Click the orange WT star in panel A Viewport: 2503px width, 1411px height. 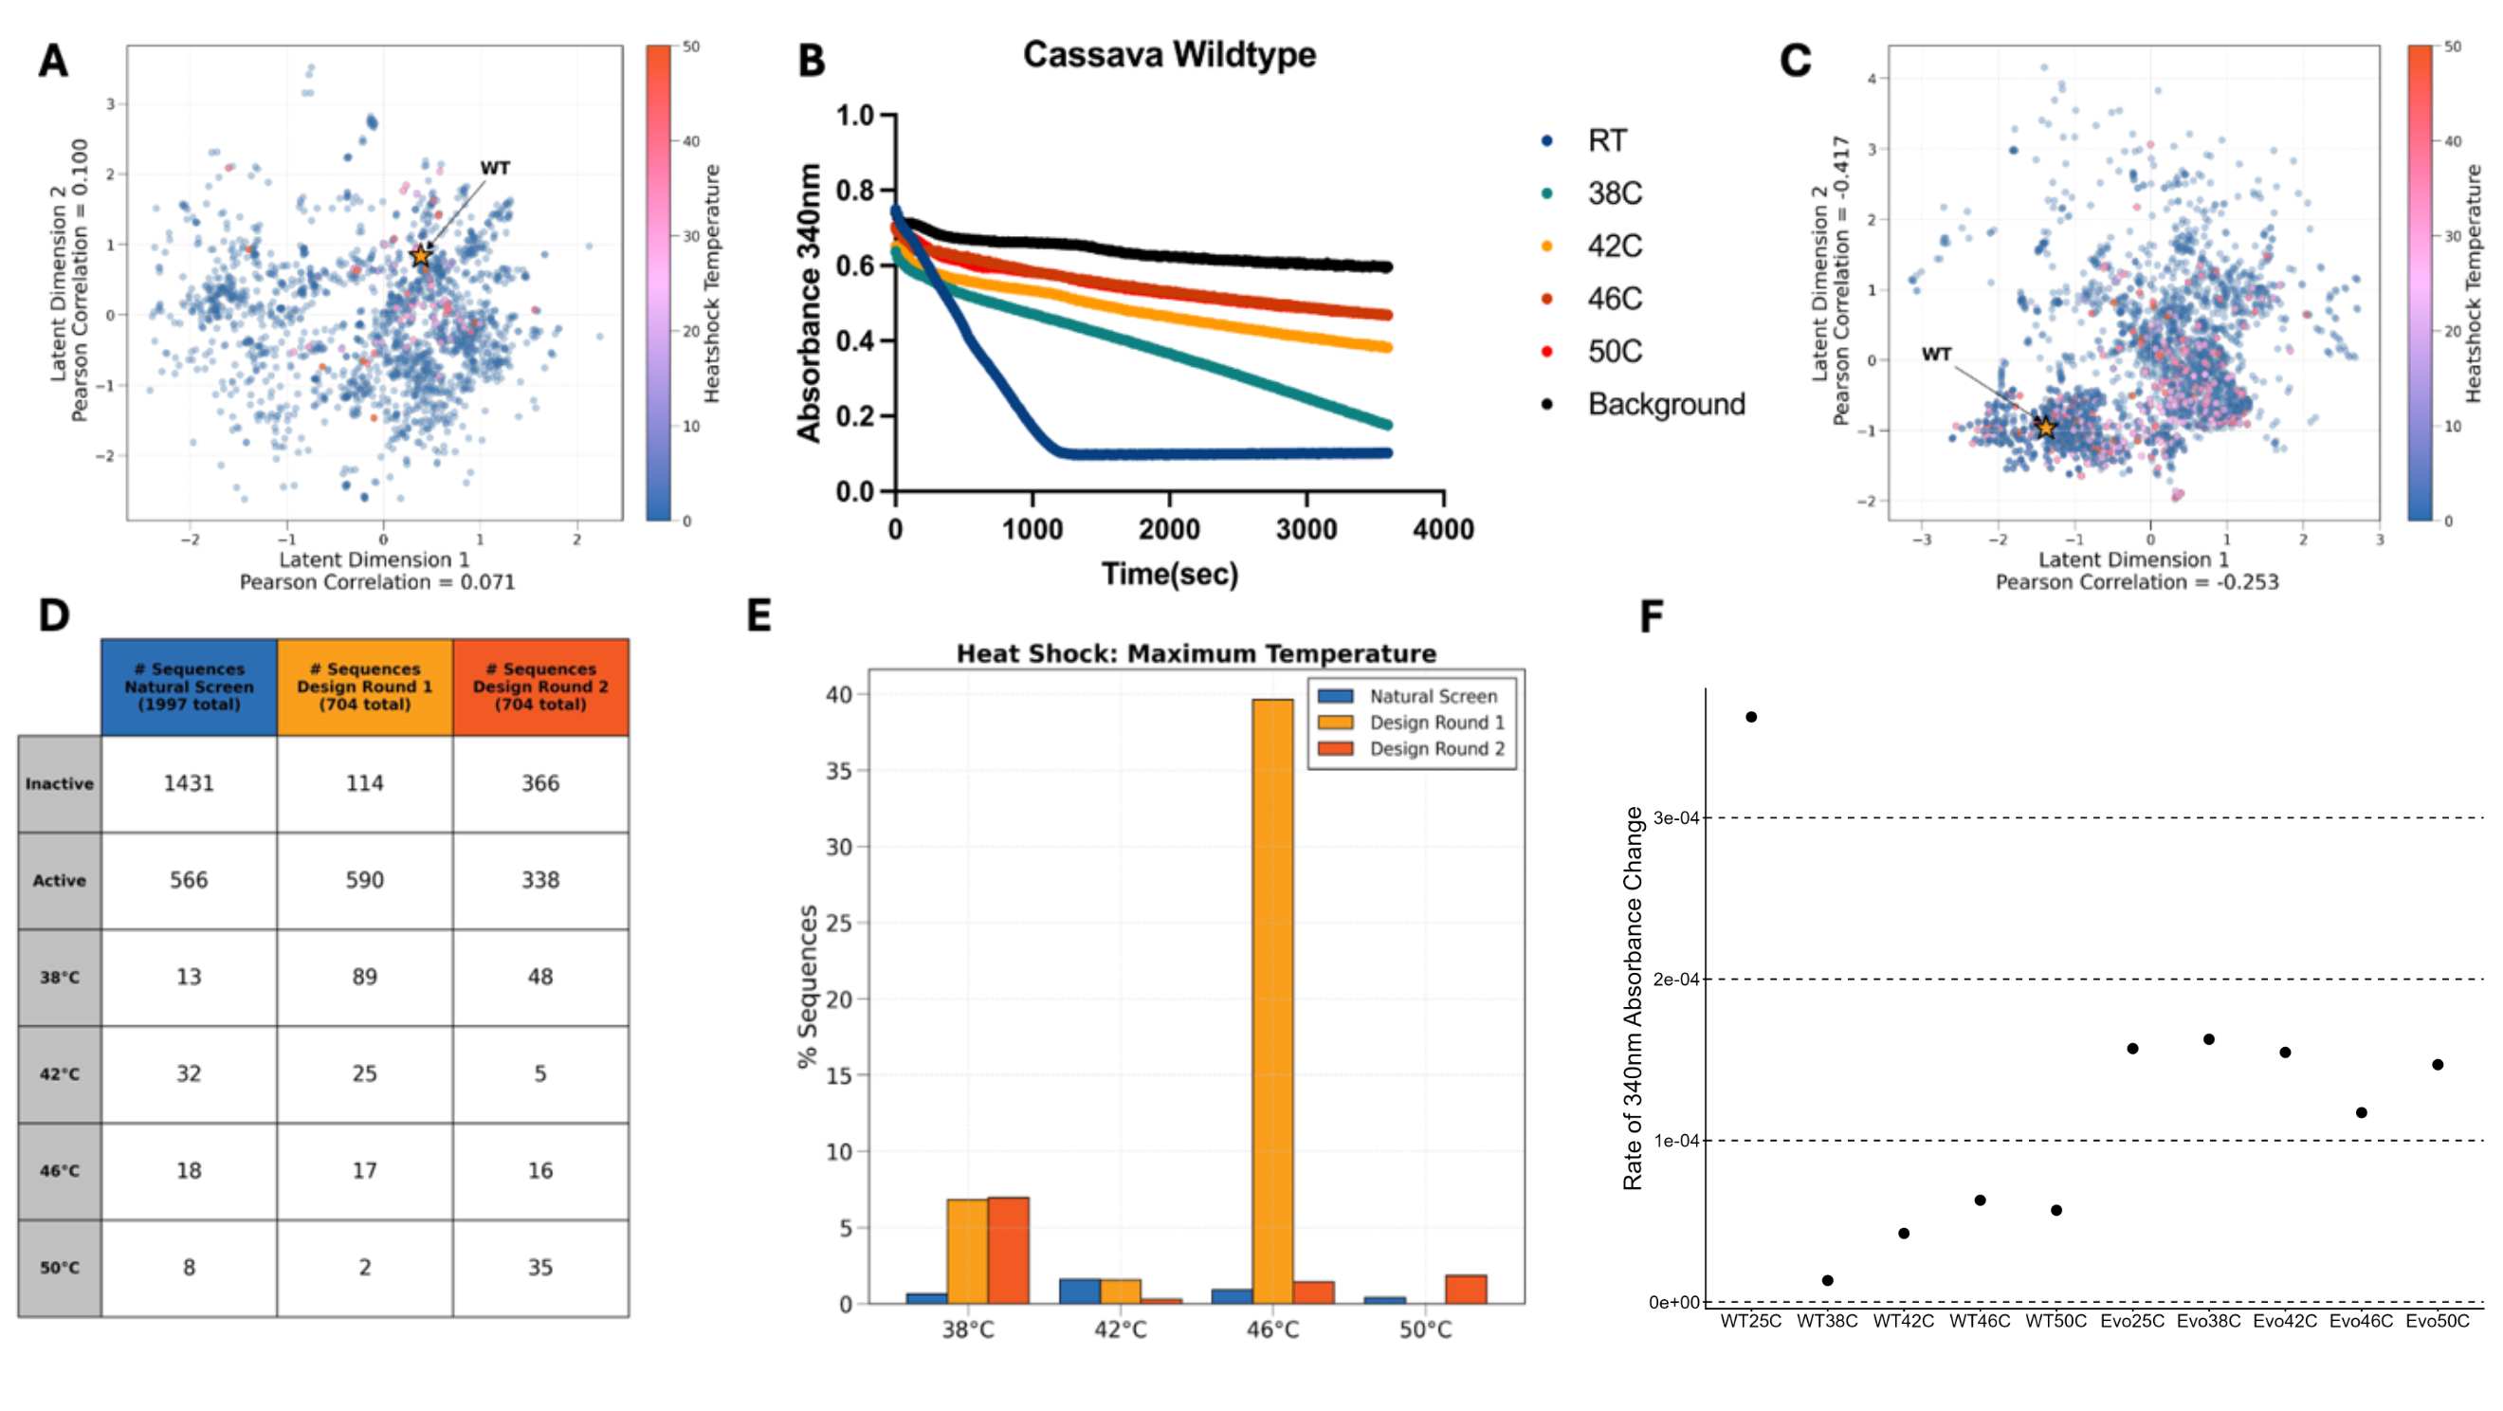coord(420,257)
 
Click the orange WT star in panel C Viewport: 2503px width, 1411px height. coord(2045,428)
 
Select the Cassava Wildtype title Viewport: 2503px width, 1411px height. coord(1169,54)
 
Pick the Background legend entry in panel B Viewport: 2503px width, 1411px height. coord(1666,404)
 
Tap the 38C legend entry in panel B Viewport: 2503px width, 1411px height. coord(1614,193)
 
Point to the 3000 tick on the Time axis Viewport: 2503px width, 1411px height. coord(1306,530)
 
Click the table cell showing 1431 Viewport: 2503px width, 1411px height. coord(189,783)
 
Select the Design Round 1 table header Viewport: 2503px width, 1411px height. coord(364,687)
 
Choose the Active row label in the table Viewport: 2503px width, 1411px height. coord(60,880)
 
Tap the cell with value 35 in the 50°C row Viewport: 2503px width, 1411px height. coord(540,1267)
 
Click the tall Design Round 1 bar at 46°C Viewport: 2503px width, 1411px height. coord(1272,1001)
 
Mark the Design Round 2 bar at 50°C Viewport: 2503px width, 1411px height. coord(1465,1290)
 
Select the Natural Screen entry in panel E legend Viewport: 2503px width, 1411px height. coord(1433,697)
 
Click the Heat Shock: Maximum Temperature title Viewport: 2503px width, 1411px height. coord(1197,653)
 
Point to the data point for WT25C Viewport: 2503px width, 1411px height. coord(1751,717)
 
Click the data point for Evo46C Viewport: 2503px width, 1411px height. coord(2361,1112)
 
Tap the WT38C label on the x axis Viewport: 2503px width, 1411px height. coord(1827,1322)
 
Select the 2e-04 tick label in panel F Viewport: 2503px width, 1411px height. coord(1676,980)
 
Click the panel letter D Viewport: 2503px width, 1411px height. coord(54,615)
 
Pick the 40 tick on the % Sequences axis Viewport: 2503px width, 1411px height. coord(839,695)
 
